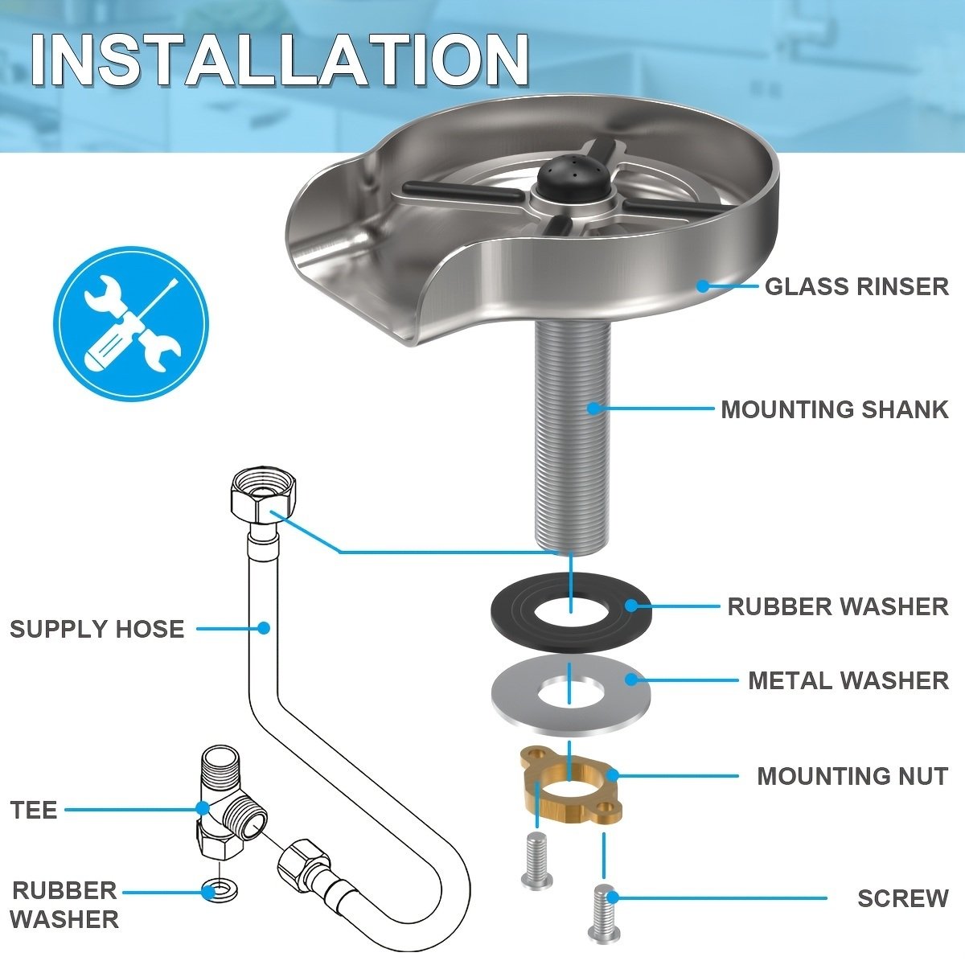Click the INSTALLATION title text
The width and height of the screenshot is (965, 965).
(x=279, y=60)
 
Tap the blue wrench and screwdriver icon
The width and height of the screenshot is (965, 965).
(x=131, y=323)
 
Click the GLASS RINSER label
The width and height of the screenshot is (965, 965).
(x=856, y=286)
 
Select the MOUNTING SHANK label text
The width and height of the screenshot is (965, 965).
(x=834, y=409)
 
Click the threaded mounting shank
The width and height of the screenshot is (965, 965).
(x=573, y=435)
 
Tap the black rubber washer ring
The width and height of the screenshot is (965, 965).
(x=570, y=612)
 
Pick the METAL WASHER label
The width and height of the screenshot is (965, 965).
(x=848, y=680)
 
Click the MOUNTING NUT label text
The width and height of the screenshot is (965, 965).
(x=852, y=776)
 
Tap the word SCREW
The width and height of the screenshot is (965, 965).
(x=903, y=898)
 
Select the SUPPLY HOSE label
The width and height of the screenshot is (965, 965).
(x=97, y=629)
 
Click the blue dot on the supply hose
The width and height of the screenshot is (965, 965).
(x=264, y=627)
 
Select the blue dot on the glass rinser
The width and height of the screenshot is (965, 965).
(x=703, y=286)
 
